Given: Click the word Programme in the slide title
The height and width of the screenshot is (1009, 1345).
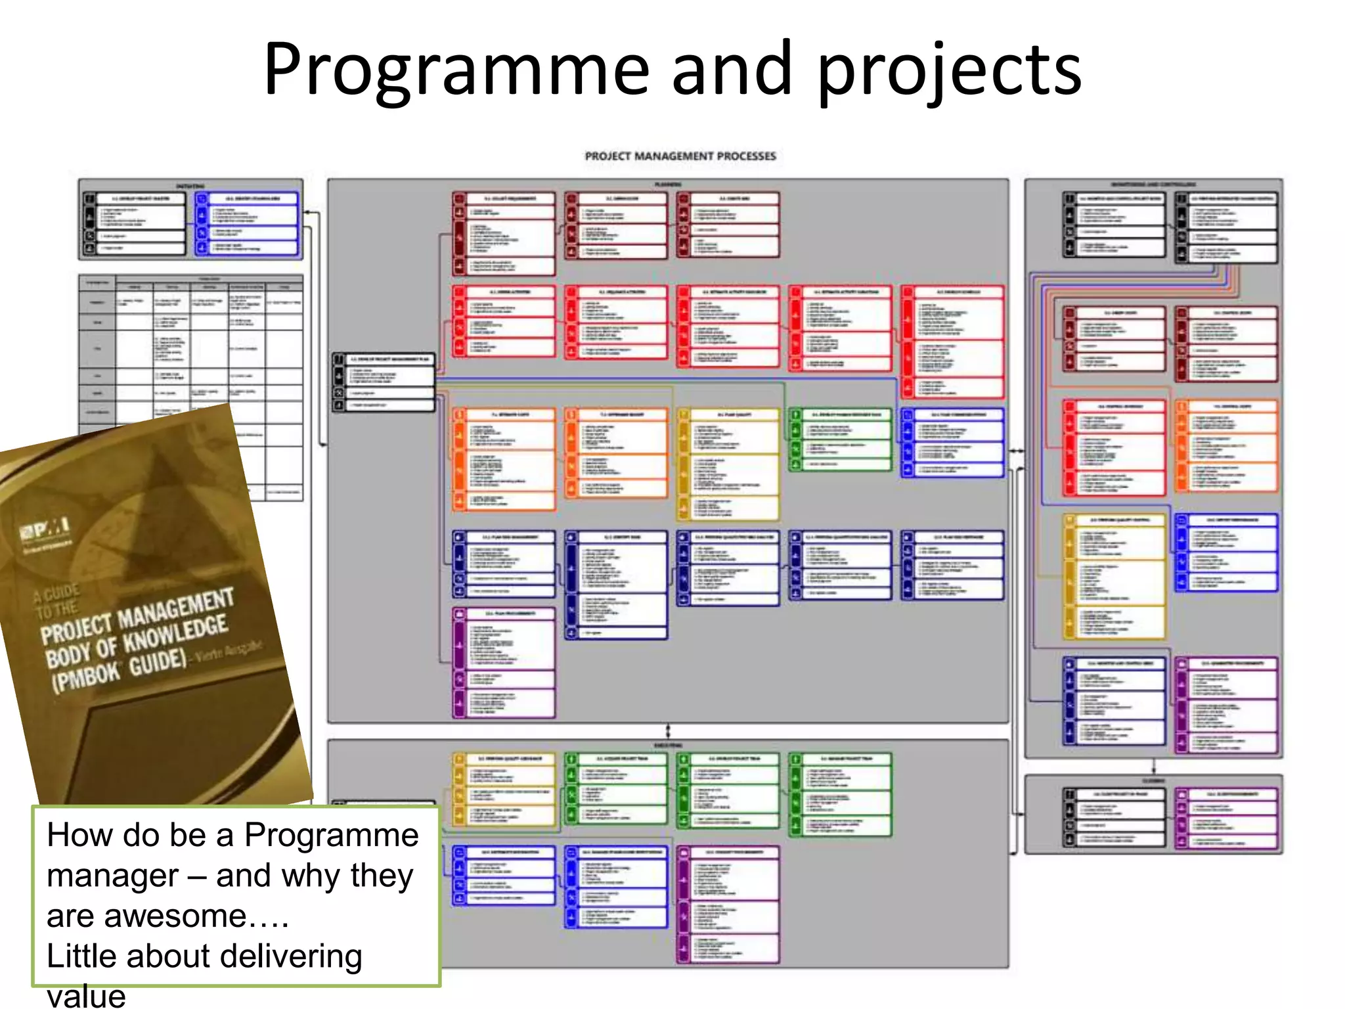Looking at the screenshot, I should point(456,69).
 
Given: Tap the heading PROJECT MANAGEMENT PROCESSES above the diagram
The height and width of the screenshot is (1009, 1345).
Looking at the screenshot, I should point(680,156).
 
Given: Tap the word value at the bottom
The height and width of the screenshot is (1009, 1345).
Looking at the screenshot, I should point(86,995).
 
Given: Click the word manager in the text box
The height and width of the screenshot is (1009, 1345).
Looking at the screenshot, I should point(112,876).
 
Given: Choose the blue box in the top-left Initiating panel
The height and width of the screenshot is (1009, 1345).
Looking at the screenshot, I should point(246,223).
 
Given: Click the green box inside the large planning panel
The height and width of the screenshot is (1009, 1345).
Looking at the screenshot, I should point(841,439).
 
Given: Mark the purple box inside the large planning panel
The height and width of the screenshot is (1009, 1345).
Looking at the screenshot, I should point(504,662).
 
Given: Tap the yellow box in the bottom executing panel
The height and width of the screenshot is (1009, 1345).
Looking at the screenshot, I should point(504,789).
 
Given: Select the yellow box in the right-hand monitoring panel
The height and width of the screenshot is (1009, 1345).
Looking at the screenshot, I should point(1114,576).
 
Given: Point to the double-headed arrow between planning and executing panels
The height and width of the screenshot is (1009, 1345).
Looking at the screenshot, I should point(668,731).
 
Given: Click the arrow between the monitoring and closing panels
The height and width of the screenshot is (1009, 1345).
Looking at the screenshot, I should point(1153,766).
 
